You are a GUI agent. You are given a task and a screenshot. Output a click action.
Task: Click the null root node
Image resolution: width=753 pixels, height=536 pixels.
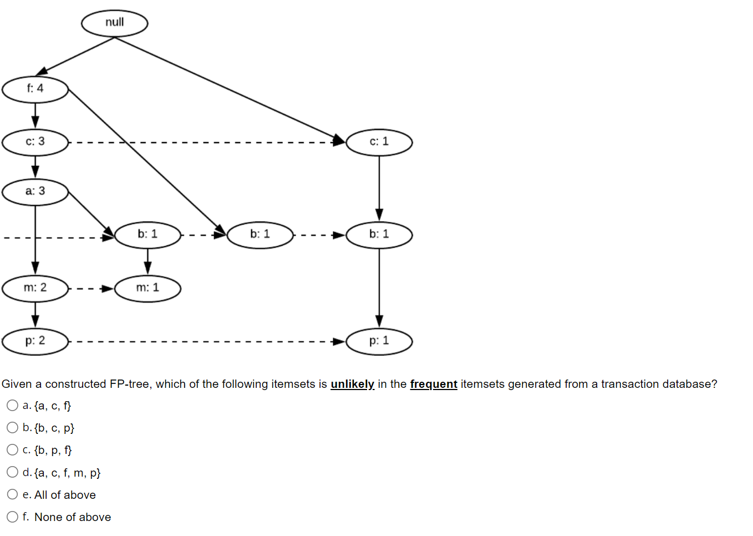tap(114, 23)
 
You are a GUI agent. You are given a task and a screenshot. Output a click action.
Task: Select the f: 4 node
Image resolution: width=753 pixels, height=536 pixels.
tap(35, 89)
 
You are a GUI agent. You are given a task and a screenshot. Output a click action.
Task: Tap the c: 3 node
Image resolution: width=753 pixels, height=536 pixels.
tap(35, 142)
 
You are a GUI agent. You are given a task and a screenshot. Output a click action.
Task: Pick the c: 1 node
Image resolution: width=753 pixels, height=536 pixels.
tap(379, 142)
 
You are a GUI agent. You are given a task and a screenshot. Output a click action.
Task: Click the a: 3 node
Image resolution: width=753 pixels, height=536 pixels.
tap(35, 191)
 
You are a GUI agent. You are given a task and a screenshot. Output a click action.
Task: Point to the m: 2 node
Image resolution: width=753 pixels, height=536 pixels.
tap(35, 288)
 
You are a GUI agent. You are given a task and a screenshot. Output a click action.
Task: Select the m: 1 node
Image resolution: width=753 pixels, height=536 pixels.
tap(147, 288)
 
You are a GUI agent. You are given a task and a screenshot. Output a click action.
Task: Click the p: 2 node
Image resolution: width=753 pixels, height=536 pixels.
tap(35, 341)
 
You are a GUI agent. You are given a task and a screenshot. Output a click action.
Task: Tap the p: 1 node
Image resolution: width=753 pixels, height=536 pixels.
tap(379, 341)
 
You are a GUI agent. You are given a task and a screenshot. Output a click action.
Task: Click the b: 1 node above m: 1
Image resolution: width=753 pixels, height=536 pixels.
tap(147, 235)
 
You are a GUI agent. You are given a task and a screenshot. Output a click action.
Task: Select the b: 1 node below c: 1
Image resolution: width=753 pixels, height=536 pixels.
tap(379, 235)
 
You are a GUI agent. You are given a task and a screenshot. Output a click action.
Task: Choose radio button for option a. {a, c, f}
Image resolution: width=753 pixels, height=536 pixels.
tap(12, 406)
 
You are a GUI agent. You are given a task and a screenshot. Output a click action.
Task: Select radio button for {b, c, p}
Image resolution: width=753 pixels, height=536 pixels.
tap(12, 428)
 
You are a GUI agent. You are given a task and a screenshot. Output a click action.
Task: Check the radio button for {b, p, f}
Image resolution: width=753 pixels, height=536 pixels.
tap(12, 450)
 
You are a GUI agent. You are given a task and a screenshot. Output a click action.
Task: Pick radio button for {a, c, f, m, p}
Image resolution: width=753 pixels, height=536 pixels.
tap(12, 472)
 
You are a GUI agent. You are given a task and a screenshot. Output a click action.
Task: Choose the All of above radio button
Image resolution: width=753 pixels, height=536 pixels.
tap(12, 494)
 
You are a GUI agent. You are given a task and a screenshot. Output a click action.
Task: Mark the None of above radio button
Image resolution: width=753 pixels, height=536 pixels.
tap(12, 517)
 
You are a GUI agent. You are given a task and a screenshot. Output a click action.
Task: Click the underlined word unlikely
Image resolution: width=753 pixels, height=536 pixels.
tap(352, 384)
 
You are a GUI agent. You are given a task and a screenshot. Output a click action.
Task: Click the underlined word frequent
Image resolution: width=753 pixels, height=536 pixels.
tap(433, 384)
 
